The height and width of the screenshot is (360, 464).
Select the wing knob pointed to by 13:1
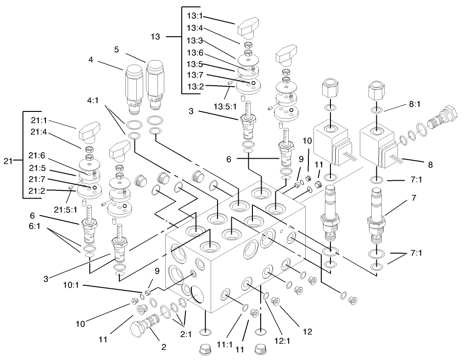[249, 30]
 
